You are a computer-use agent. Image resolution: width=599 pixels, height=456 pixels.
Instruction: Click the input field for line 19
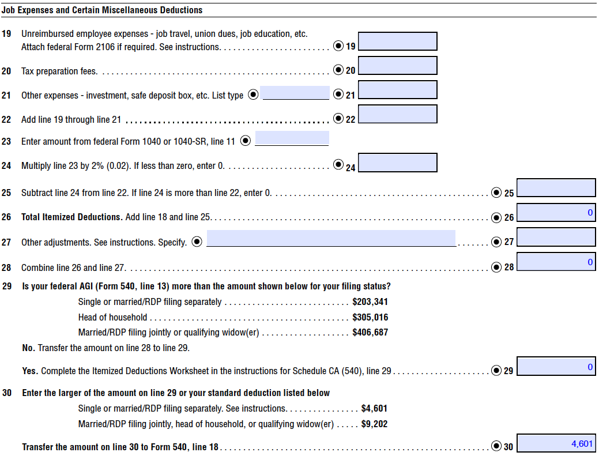point(397,42)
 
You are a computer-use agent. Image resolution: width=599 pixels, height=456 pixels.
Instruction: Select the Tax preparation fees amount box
point(397,66)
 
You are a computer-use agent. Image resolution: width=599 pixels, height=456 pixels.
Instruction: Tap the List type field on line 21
point(295,92)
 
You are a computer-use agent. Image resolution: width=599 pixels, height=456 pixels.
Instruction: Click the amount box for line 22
point(397,114)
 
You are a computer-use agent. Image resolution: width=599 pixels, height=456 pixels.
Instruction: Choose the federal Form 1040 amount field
point(292,138)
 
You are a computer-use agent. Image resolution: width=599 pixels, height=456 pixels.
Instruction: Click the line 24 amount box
point(397,163)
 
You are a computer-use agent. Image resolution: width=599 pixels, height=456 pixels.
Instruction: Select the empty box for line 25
point(556,188)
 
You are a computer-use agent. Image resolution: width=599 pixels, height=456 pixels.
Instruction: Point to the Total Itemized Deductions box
point(556,213)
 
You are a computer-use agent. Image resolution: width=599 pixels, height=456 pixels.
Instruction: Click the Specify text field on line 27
point(331,238)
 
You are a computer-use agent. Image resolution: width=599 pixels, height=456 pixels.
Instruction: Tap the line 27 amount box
point(556,237)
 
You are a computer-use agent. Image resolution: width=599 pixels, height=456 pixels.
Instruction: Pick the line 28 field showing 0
point(556,262)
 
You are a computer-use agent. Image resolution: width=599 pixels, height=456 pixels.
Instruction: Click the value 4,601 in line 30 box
point(581,443)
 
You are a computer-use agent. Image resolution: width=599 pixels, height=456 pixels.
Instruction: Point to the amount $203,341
point(370,302)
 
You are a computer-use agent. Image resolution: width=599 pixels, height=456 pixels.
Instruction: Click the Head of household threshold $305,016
point(370,317)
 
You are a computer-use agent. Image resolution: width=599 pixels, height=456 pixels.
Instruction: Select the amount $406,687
point(370,332)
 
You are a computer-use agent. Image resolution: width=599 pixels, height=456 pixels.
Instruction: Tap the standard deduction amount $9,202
point(374,424)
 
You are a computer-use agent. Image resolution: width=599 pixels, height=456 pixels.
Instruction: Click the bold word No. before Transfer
point(29,348)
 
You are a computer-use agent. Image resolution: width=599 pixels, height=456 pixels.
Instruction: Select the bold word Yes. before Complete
point(31,371)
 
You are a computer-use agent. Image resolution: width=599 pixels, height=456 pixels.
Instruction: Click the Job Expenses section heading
point(102,10)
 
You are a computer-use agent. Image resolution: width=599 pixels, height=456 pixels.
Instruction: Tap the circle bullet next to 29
point(496,371)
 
